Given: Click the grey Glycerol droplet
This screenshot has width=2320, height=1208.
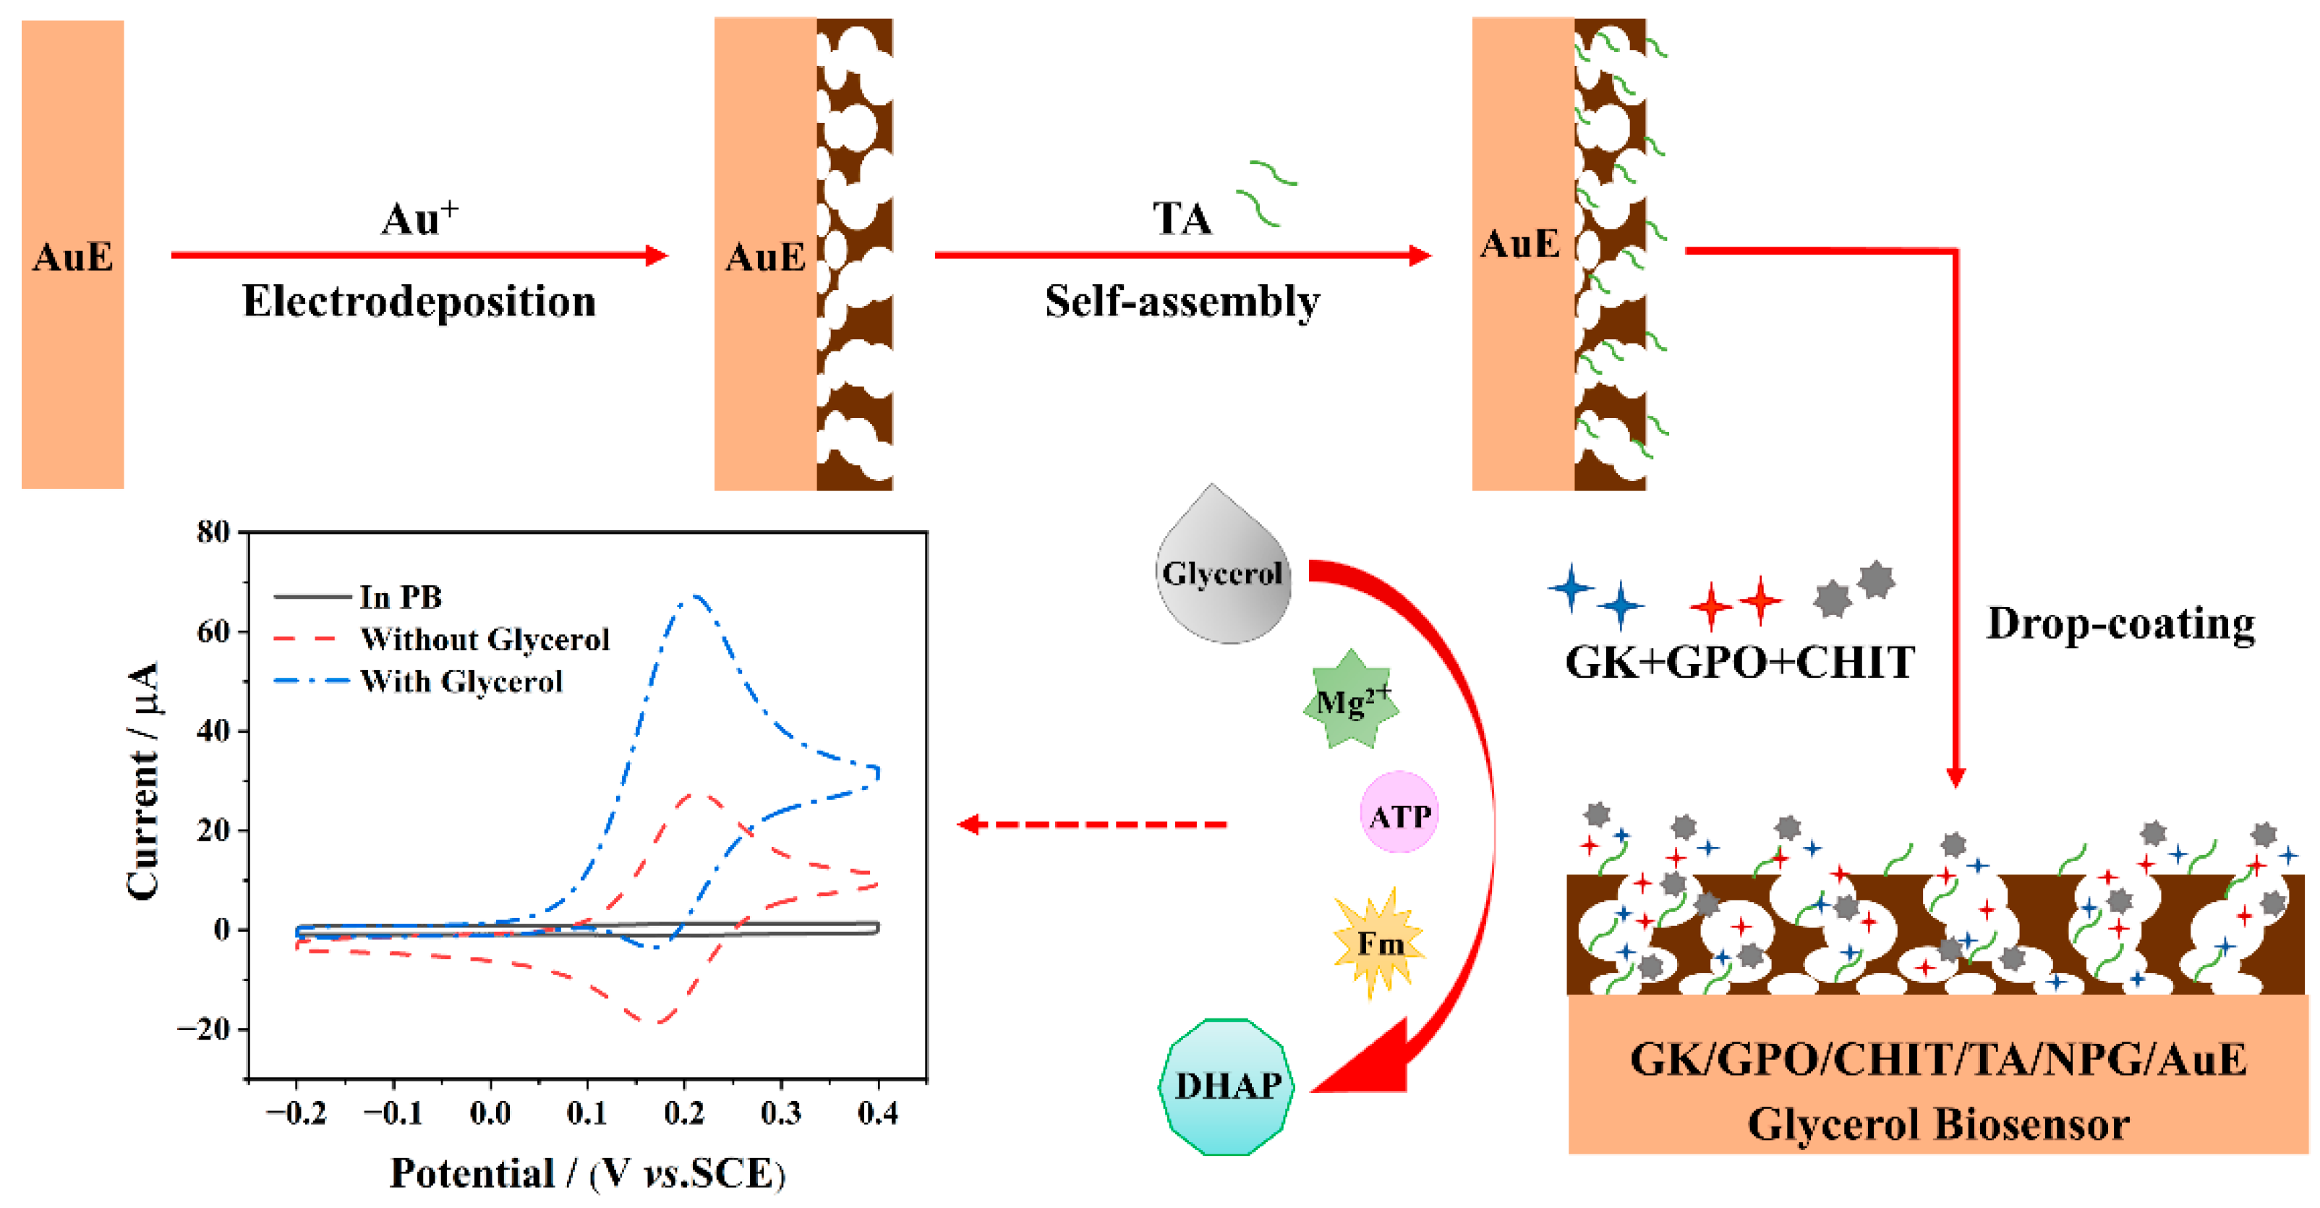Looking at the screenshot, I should (x=1222, y=573).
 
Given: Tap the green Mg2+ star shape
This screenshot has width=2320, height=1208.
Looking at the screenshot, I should (x=1351, y=702).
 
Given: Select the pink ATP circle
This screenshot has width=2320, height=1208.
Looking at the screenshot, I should (x=1399, y=815).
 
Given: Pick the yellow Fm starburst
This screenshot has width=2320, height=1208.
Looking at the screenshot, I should (x=1378, y=943).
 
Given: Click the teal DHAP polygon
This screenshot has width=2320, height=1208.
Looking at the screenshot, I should (x=1227, y=1086).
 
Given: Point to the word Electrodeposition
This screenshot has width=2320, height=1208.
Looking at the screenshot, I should (x=419, y=301).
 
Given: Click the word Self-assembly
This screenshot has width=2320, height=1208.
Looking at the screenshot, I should (x=1182, y=301).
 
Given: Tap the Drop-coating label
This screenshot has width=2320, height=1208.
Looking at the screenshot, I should (x=2120, y=624).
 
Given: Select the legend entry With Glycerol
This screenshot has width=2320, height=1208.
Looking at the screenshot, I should (x=461, y=681).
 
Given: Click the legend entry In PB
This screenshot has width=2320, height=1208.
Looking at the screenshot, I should (x=400, y=596).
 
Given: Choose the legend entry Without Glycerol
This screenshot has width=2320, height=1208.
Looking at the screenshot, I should (x=485, y=639).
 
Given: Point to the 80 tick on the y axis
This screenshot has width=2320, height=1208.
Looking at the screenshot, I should (x=213, y=532).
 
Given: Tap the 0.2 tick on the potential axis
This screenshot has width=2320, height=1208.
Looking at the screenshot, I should (x=683, y=1114).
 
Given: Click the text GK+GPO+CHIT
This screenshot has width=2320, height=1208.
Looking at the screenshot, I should (x=1739, y=663).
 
